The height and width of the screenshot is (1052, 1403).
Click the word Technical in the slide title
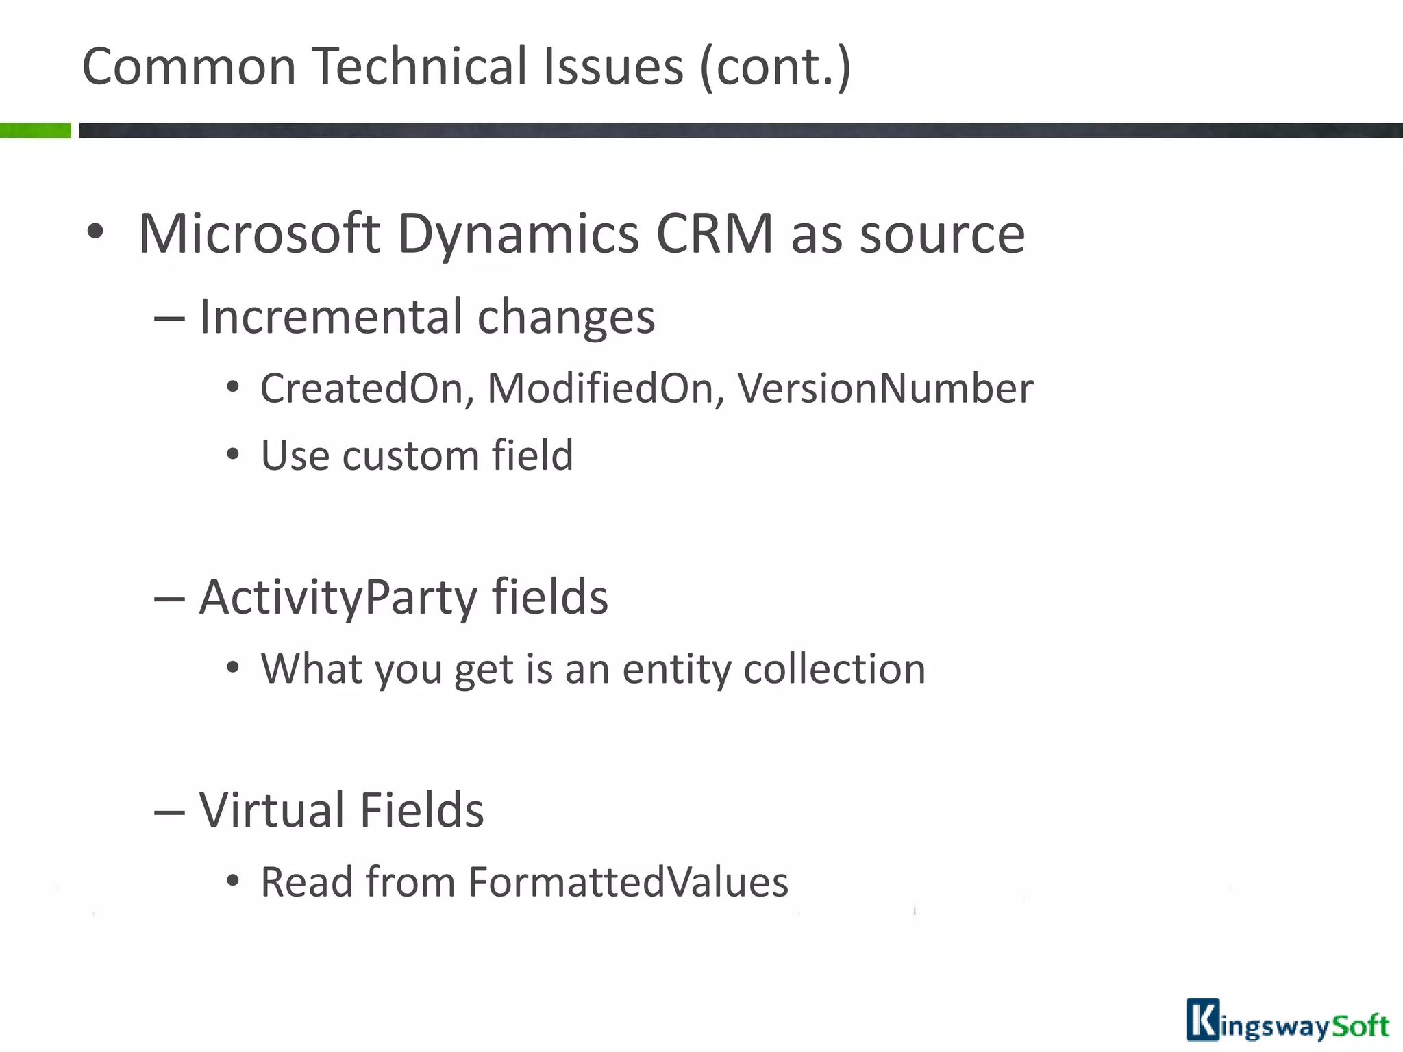421,66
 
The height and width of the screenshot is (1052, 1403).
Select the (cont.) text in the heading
775,66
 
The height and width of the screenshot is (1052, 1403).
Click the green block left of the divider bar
35,130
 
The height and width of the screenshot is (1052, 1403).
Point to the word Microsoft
259,234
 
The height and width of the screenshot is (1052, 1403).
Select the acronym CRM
714,234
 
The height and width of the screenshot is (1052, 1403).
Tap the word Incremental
331,316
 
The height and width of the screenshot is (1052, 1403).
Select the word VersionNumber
885,388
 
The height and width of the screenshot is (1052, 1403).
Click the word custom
410,455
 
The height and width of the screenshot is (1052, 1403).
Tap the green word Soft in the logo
1359,1025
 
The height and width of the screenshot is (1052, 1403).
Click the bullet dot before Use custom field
233,455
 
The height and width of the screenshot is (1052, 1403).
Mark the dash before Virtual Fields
169,812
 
